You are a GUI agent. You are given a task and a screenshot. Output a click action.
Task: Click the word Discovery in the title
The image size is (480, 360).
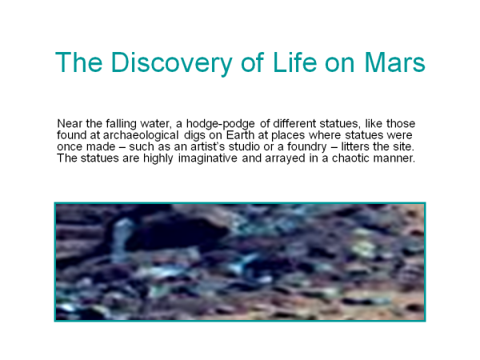click(171, 62)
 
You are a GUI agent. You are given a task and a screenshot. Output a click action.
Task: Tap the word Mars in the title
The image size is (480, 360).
click(394, 62)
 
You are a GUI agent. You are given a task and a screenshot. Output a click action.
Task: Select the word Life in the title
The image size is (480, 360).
click(294, 62)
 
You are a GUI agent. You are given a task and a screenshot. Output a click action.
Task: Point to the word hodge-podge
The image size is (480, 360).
click(221, 124)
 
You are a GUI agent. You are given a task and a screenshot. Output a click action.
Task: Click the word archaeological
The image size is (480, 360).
click(141, 135)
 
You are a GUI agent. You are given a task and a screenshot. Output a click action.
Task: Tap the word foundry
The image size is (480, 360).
click(306, 147)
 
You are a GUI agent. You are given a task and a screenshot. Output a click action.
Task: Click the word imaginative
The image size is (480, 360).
click(207, 158)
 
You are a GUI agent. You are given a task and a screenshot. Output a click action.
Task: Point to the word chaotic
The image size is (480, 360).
click(351, 158)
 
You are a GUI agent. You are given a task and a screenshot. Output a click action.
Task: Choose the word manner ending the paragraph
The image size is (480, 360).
click(394, 158)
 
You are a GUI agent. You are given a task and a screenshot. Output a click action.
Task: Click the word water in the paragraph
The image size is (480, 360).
click(155, 124)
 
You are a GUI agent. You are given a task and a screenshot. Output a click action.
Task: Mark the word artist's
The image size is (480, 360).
click(208, 146)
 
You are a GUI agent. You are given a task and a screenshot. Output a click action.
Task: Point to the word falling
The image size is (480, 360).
click(122, 124)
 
